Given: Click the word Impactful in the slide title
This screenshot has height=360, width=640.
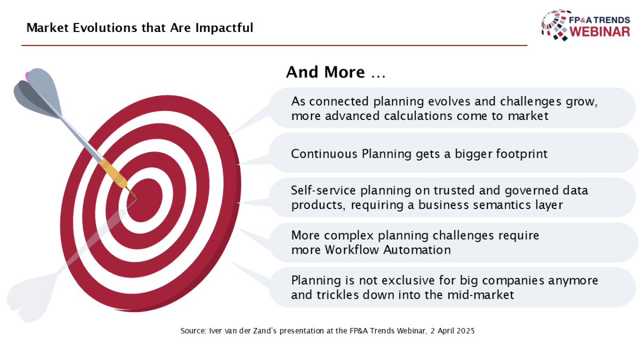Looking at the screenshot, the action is coord(225,28).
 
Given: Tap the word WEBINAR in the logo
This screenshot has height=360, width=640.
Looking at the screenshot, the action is coord(599,31).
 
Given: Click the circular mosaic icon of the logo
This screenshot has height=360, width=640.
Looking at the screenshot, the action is coord(554,25).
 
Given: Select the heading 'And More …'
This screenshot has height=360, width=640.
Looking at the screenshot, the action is coord(335,71).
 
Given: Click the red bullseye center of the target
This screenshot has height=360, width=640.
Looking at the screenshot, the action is coord(145,200).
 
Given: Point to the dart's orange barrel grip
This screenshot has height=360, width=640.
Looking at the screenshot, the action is coord(113,173).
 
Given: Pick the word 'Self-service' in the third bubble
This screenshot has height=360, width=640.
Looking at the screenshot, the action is coord(323,190).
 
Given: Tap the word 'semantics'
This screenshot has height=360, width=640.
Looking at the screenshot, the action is coord(500,205).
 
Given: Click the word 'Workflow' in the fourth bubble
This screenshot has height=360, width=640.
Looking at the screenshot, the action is coord(351,250).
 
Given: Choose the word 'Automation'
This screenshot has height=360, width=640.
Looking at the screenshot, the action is coord(417,250).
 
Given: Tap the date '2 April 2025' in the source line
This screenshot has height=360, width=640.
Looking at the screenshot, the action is coord(453,331).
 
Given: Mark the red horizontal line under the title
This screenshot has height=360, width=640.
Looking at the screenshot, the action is coord(274,45).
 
